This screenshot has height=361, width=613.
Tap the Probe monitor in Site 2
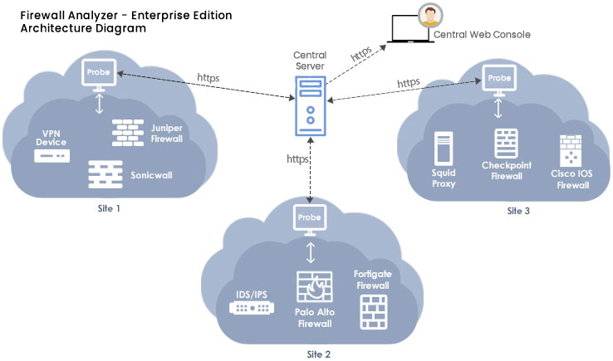(x=309, y=218)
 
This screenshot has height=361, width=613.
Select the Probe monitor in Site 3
(x=498, y=79)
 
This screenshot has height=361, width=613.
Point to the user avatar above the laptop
(x=429, y=16)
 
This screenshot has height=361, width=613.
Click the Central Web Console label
(x=482, y=35)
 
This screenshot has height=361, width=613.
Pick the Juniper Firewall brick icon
(x=129, y=133)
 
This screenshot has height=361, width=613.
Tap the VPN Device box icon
(x=51, y=156)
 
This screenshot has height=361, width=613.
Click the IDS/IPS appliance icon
(x=252, y=308)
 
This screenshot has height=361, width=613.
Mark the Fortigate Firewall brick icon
(x=373, y=311)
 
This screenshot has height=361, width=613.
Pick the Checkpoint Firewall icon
(x=506, y=144)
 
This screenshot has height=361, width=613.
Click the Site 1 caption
(x=108, y=208)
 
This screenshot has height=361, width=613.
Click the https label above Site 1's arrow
(x=208, y=78)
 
